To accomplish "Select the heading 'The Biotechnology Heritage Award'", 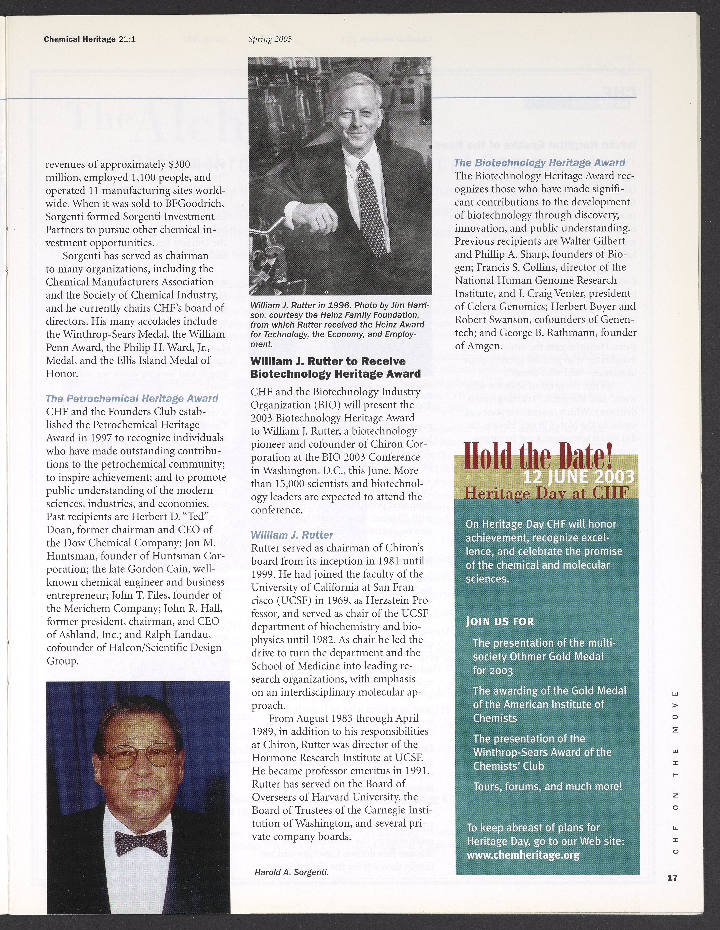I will (x=539, y=163).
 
